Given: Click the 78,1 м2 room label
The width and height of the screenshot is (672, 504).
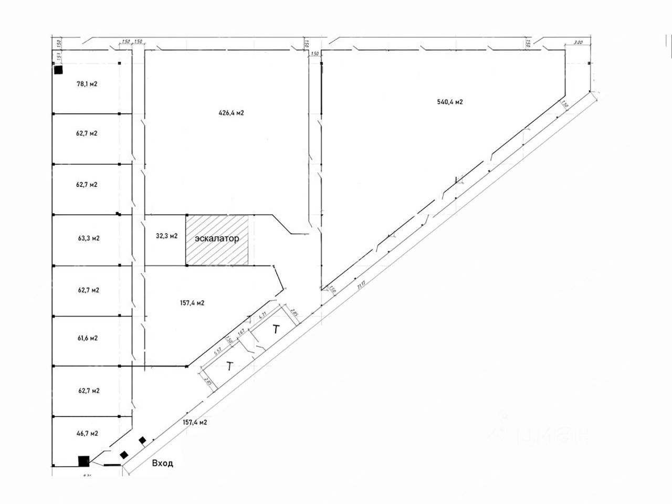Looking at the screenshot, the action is click(87, 83).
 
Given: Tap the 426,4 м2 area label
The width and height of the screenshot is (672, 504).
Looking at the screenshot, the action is click(232, 112).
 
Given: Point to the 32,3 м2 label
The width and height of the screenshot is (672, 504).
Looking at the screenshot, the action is click(167, 236).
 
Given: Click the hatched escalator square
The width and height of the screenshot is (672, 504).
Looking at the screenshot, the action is click(216, 239).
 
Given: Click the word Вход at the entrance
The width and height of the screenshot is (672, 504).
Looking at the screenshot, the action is click(162, 463).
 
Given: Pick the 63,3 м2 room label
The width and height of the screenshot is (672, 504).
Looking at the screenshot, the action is click(88, 238).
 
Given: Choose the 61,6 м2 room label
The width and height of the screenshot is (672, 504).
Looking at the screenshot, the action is click(87, 338).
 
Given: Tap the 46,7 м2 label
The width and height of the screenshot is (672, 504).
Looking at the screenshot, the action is click(87, 433).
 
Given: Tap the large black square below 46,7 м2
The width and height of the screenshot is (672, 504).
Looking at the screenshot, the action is click(83, 461).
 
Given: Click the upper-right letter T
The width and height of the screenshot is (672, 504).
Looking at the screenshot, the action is click(276, 330).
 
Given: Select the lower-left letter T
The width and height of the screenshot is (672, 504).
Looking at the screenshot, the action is click(229, 366).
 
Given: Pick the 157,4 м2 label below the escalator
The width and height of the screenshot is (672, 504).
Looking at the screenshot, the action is click(192, 303).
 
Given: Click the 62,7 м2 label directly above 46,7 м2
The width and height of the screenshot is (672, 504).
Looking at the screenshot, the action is click(88, 391).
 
